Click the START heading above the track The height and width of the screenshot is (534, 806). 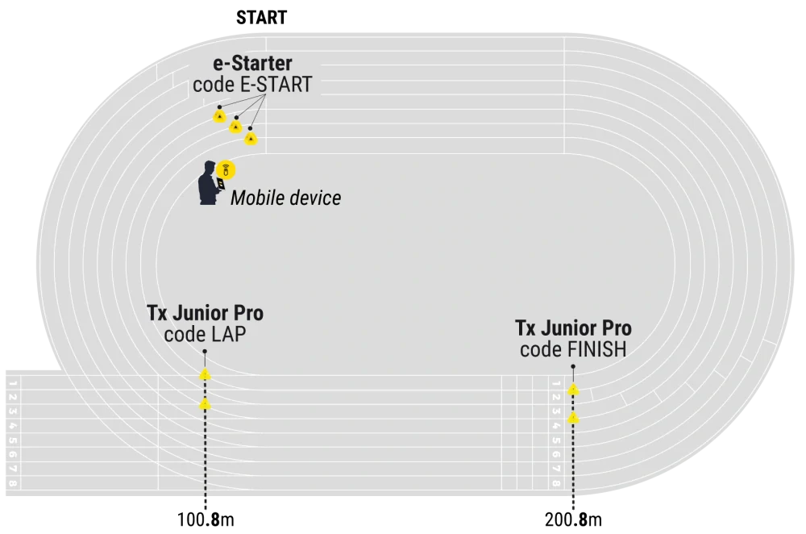(262, 18)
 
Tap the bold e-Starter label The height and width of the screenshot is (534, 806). (252, 63)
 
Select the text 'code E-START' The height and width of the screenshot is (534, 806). (252, 85)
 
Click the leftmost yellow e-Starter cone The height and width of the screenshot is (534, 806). (219, 115)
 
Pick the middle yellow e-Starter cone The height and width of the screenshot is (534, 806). (235, 126)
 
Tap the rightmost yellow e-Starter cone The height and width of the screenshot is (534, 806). (251, 139)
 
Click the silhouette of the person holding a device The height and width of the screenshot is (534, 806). (210, 183)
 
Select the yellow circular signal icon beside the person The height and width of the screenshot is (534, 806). (226, 169)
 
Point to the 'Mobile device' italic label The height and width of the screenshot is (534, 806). (286, 198)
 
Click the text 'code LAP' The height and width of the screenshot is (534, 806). (205, 335)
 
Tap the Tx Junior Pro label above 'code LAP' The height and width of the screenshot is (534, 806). (205, 313)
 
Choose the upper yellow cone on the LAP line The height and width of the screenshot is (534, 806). (205, 374)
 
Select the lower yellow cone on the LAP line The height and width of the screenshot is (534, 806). (205, 404)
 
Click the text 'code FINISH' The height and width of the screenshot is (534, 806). (573, 350)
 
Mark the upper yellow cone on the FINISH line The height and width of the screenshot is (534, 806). (573, 390)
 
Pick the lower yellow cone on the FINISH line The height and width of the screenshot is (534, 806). (573, 418)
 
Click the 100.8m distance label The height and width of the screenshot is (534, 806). (206, 519)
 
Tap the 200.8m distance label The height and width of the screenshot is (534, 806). (573, 519)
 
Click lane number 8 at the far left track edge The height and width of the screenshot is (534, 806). (13, 483)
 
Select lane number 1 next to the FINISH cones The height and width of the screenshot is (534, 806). (555, 384)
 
